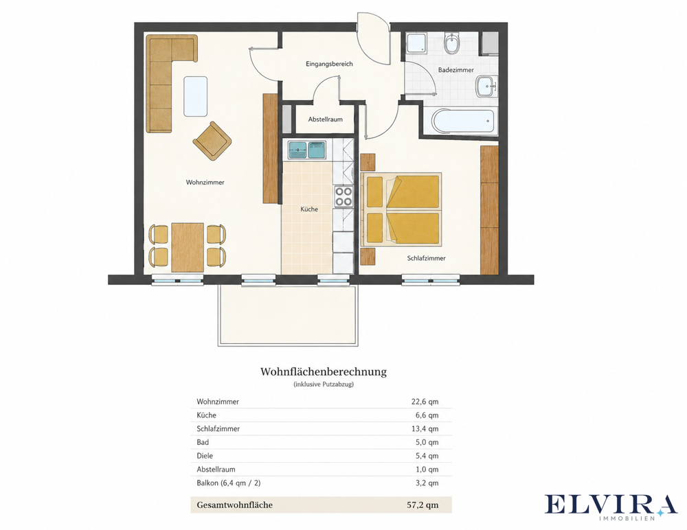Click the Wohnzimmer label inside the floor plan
(205, 182)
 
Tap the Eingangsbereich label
(329, 64)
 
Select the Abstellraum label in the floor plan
(325, 119)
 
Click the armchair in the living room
(212, 141)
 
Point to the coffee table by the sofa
(195, 96)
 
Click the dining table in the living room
(188, 247)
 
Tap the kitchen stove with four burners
(343, 196)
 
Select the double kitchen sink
(307, 150)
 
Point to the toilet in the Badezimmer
(450, 43)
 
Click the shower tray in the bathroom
(416, 43)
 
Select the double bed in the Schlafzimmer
(401, 210)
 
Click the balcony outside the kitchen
(288, 315)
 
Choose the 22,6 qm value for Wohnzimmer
(425, 402)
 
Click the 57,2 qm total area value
(423, 505)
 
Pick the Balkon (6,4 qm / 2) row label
(229, 483)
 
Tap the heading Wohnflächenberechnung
(324, 372)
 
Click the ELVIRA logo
(611, 507)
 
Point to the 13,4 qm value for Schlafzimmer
(425, 429)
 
